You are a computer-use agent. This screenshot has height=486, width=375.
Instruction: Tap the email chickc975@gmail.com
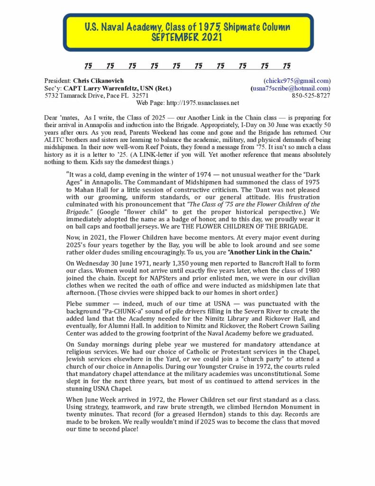(297, 81)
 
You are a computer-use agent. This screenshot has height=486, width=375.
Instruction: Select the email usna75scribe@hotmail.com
(291, 88)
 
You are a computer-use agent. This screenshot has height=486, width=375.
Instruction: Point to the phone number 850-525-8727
(311, 95)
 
